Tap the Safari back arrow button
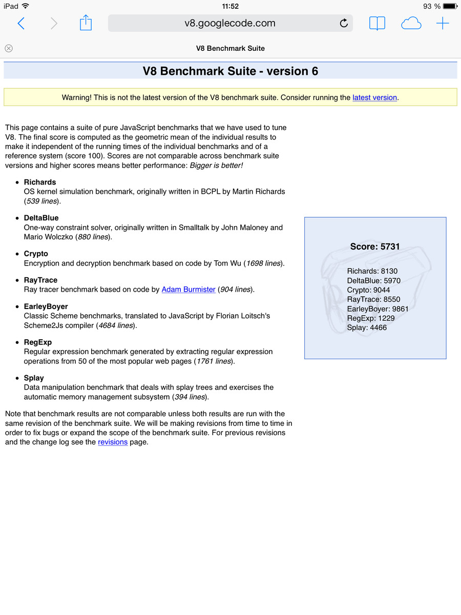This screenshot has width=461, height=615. [x=21, y=23]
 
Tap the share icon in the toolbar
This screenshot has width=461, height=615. [x=86, y=23]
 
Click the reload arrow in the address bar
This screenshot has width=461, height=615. [x=344, y=23]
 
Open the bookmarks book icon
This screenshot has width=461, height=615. [x=377, y=23]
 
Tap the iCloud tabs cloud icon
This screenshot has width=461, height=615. [x=411, y=23]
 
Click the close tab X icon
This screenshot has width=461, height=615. [x=9, y=48]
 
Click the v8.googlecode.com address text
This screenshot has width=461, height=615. [x=230, y=23]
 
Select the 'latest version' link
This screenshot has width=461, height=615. [x=374, y=97]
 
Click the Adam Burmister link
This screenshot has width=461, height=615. [x=188, y=290]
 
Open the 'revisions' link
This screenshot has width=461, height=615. [x=113, y=442]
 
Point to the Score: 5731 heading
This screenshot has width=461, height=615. [x=375, y=247]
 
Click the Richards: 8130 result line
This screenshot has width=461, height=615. [x=372, y=271]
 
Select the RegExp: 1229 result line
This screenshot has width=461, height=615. [x=371, y=318]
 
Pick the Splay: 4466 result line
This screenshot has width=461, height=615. [x=367, y=327]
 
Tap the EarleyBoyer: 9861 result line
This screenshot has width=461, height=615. [x=378, y=309]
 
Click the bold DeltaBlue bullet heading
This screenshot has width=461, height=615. [x=41, y=218]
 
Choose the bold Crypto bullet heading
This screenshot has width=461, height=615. [x=36, y=254]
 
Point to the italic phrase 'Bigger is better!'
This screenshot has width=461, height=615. [x=216, y=166]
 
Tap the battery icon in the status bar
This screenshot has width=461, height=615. [x=449, y=6]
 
